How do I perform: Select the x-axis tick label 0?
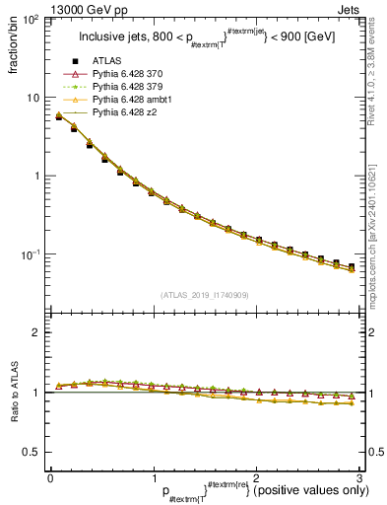tap(50, 476)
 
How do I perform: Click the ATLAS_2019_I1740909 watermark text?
tap(204, 294)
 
